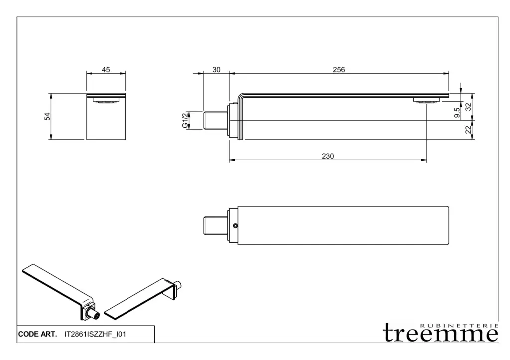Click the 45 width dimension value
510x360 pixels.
tap(106, 70)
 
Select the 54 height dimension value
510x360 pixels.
tap(47, 116)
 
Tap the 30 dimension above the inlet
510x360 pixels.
tap(216, 70)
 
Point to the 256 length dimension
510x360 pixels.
tap(339, 70)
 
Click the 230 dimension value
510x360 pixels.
tap(328, 156)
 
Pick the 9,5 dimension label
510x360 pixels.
tap(457, 113)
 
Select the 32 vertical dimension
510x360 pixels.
tap(468, 107)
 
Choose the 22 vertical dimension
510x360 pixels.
tap(468, 130)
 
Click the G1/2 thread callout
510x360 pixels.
tap(185, 120)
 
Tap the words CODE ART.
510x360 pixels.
tap(37, 334)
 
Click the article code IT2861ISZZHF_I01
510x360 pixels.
tap(95, 334)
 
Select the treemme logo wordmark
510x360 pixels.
tap(441, 333)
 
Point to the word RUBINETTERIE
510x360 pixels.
tap(459, 326)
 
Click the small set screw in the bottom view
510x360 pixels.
tap(235, 226)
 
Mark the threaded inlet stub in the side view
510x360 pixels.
tap(215, 120)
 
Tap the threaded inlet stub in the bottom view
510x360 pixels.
tap(215, 226)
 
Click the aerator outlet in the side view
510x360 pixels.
tap(426, 101)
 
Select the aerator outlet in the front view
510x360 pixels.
tap(106, 101)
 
